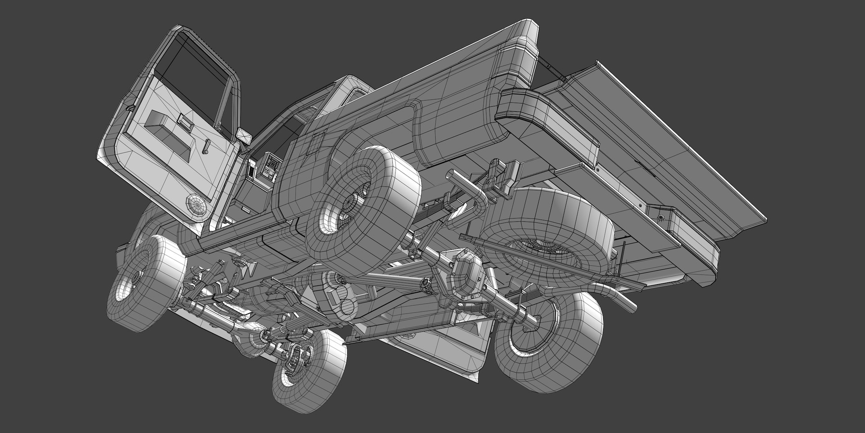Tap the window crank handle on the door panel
206,147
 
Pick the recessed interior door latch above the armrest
183,121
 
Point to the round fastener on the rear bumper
661,218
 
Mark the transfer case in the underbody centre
336,298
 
